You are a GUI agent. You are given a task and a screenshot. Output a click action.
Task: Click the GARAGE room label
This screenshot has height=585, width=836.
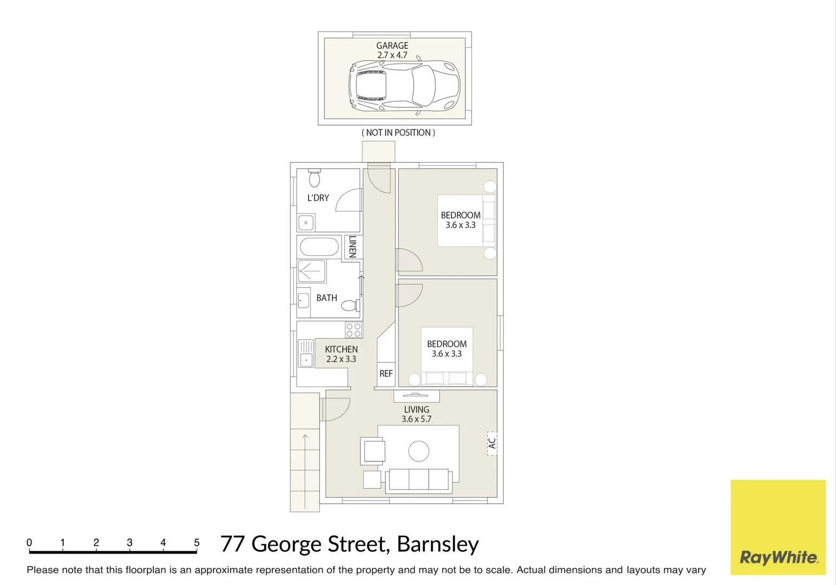pos(392,46)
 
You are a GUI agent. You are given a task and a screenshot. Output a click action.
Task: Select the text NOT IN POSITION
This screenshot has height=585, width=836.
pos(398,133)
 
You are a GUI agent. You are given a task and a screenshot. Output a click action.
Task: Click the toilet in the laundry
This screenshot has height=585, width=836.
pos(314,178)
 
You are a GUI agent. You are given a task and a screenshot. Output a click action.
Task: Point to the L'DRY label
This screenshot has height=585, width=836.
pos(318,198)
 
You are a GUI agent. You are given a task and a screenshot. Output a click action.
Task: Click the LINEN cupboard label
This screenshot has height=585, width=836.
pos(353,246)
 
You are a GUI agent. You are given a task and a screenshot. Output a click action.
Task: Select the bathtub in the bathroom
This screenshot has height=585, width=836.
pos(319,247)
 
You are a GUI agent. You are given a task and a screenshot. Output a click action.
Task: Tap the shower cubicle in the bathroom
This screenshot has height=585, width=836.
pos(312,271)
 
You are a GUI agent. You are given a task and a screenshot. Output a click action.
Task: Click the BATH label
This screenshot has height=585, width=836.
pos(326,298)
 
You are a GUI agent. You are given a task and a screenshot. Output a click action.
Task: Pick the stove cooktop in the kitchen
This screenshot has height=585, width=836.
pos(353,330)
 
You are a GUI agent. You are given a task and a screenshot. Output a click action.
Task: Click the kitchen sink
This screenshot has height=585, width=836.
pos(306,353)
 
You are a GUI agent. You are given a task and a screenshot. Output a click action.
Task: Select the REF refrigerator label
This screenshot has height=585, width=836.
pos(386,374)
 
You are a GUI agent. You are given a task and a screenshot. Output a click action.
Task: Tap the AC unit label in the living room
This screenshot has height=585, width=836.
pos(492,443)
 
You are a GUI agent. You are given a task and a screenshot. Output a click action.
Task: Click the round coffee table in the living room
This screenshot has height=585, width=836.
pos(419,451)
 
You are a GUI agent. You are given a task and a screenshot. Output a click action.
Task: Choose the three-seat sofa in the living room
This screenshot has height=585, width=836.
pos(419,480)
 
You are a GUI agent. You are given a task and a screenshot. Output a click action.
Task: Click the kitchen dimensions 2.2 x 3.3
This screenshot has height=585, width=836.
pos(341,359)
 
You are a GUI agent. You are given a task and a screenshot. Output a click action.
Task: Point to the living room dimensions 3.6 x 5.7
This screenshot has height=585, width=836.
pos(416,419)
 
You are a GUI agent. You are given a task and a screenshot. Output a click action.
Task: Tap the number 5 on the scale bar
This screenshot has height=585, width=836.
pos(197,543)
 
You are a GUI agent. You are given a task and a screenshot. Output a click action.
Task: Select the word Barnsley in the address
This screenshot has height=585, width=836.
pos(437,544)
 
